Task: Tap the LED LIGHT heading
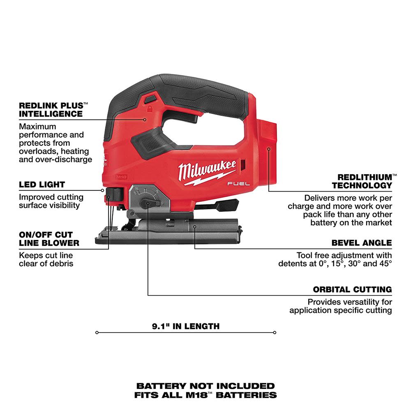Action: (42, 185)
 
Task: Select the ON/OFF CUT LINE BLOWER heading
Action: (49, 239)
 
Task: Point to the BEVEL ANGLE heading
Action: (362, 243)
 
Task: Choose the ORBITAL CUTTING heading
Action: (352, 290)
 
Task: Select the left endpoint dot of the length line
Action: (97, 332)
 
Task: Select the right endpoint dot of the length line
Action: (275, 332)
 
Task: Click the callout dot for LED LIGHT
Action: (102, 190)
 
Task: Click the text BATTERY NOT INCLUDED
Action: (205, 386)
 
